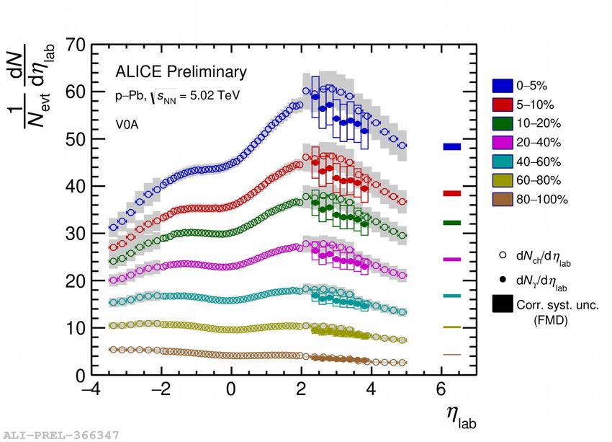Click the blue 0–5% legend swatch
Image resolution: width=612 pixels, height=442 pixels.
tap(502, 85)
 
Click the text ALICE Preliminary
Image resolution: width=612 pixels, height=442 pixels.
tap(181, 72)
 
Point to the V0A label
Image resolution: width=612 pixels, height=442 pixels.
tap(127, 123)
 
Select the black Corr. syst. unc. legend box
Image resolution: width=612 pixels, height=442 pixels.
tap(502, 304)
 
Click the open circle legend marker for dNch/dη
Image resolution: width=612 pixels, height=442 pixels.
tap(502, 255)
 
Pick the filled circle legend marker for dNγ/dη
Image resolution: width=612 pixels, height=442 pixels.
tap(502, 279)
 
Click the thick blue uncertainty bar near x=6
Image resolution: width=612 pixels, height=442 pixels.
tap(451, 146)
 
